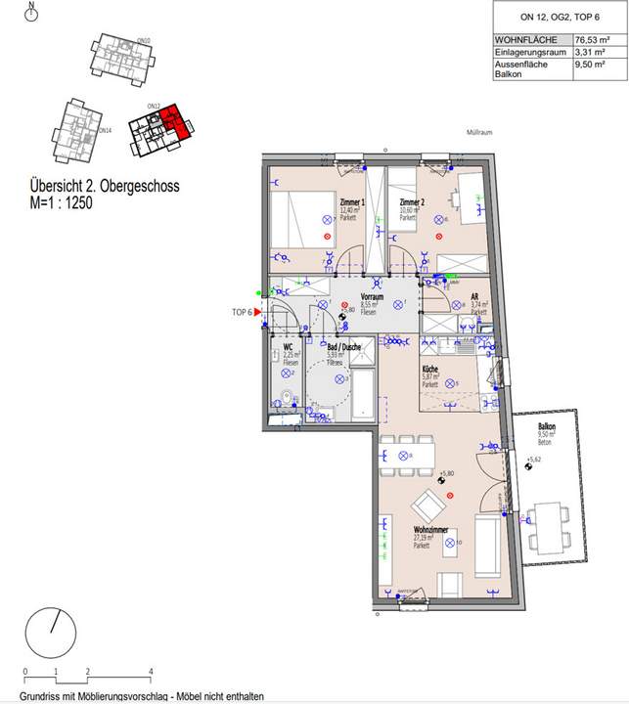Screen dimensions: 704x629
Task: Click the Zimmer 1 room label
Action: click(351, 201)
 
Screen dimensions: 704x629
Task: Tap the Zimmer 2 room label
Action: click(411, 201)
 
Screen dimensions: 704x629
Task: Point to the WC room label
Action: click(289, 346)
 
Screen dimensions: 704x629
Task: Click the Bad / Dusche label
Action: click(343, 346)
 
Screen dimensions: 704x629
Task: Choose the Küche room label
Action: click(430, 369)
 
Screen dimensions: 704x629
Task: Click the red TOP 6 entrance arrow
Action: click(260, 311)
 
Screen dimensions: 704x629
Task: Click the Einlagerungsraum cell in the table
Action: click(531, 52)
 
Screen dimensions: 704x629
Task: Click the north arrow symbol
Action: click(31, 13)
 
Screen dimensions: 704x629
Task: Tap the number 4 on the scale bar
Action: click(150, 672)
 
